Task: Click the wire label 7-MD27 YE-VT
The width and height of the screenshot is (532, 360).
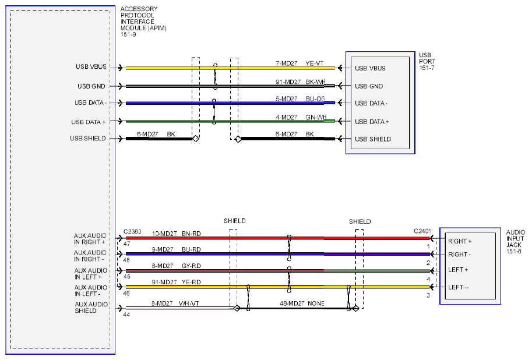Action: (300, 63)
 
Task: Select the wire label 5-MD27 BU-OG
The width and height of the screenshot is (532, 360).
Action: (300, 98)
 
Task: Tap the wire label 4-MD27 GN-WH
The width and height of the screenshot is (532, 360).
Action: (301, 117)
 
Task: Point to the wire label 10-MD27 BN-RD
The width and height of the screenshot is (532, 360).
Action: (176, 234)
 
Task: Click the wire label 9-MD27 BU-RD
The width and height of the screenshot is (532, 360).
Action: (176, 249)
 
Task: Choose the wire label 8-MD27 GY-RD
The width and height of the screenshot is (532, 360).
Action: (176, 266)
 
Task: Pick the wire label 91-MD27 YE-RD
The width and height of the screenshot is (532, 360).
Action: (176, 282)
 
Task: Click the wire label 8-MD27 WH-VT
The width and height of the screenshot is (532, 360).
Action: (175, 303)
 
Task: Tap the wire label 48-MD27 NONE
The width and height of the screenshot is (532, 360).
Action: (302, 303)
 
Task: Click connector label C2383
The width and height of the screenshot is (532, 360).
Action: (132, 231)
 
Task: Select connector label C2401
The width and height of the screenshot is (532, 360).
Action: (422, 231)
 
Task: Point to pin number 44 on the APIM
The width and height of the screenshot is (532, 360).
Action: (126, 315)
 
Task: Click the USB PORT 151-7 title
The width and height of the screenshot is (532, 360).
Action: (427, 61)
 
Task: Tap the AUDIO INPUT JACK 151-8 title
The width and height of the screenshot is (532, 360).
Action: (515, 242)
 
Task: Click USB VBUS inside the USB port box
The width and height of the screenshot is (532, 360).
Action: (370, 68)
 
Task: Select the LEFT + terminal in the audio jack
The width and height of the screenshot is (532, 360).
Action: (458, 270)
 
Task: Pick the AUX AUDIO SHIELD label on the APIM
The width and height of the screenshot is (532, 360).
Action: (91, 308)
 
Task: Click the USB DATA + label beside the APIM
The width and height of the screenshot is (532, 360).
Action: (88, 122)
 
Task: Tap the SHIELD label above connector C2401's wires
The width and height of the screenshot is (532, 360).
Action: (360, 221)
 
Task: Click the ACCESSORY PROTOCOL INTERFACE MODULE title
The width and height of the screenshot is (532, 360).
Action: (143, 22)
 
